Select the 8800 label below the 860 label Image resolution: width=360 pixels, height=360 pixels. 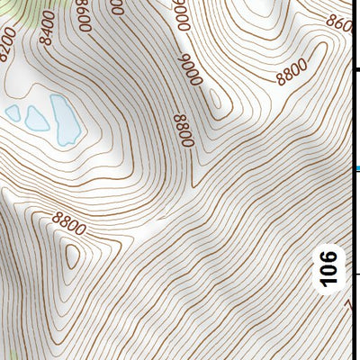pos(293,71)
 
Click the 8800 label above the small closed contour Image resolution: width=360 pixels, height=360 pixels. pos(69,222)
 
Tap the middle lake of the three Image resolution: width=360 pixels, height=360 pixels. pos(36,117)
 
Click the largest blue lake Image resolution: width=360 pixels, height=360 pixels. pos(64,121)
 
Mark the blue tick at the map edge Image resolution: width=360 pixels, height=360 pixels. pos(356,168)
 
